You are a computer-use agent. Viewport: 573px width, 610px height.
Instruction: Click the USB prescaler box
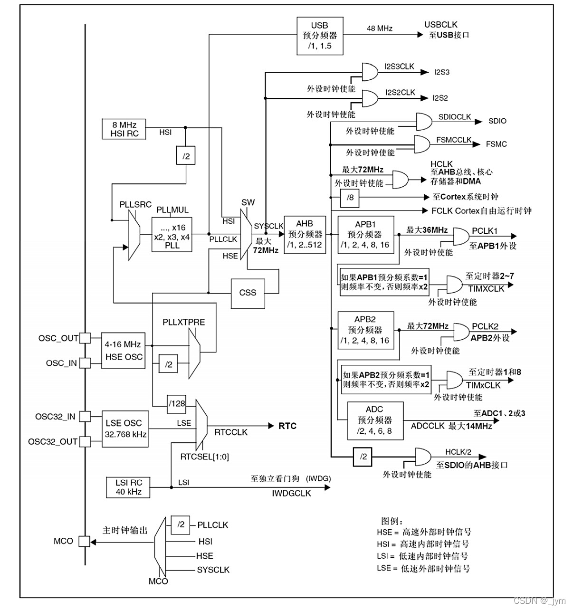(x=320, y=36)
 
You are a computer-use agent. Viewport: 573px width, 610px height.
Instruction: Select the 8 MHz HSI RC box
(x=124, y=129)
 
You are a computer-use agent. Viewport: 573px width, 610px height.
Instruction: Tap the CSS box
(x=248, y=293)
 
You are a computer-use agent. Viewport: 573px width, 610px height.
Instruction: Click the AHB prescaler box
(x=305, y=234)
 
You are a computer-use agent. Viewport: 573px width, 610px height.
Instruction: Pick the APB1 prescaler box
(x=365, y=235)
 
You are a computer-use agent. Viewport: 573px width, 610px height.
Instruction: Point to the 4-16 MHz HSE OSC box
(x=124, y=351)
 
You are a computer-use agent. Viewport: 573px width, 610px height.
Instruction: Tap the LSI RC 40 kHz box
(x=128, y=487)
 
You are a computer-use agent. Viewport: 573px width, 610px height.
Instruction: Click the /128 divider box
(x=177, y=403)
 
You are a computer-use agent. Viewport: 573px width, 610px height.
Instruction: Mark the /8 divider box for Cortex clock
(x=351, y=197)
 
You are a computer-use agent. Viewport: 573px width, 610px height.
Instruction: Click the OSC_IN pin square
(x=85, y=363)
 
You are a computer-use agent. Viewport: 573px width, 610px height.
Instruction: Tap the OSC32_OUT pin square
(x=85, y=441)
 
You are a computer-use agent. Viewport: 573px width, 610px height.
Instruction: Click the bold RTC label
(x=287, y=426)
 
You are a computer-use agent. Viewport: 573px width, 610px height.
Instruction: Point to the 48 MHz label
(x=380, y=29)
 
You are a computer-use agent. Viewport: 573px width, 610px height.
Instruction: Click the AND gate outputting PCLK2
(x=461, y=332)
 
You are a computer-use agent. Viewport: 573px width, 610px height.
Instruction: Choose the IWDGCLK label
(x=291, y=493)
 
